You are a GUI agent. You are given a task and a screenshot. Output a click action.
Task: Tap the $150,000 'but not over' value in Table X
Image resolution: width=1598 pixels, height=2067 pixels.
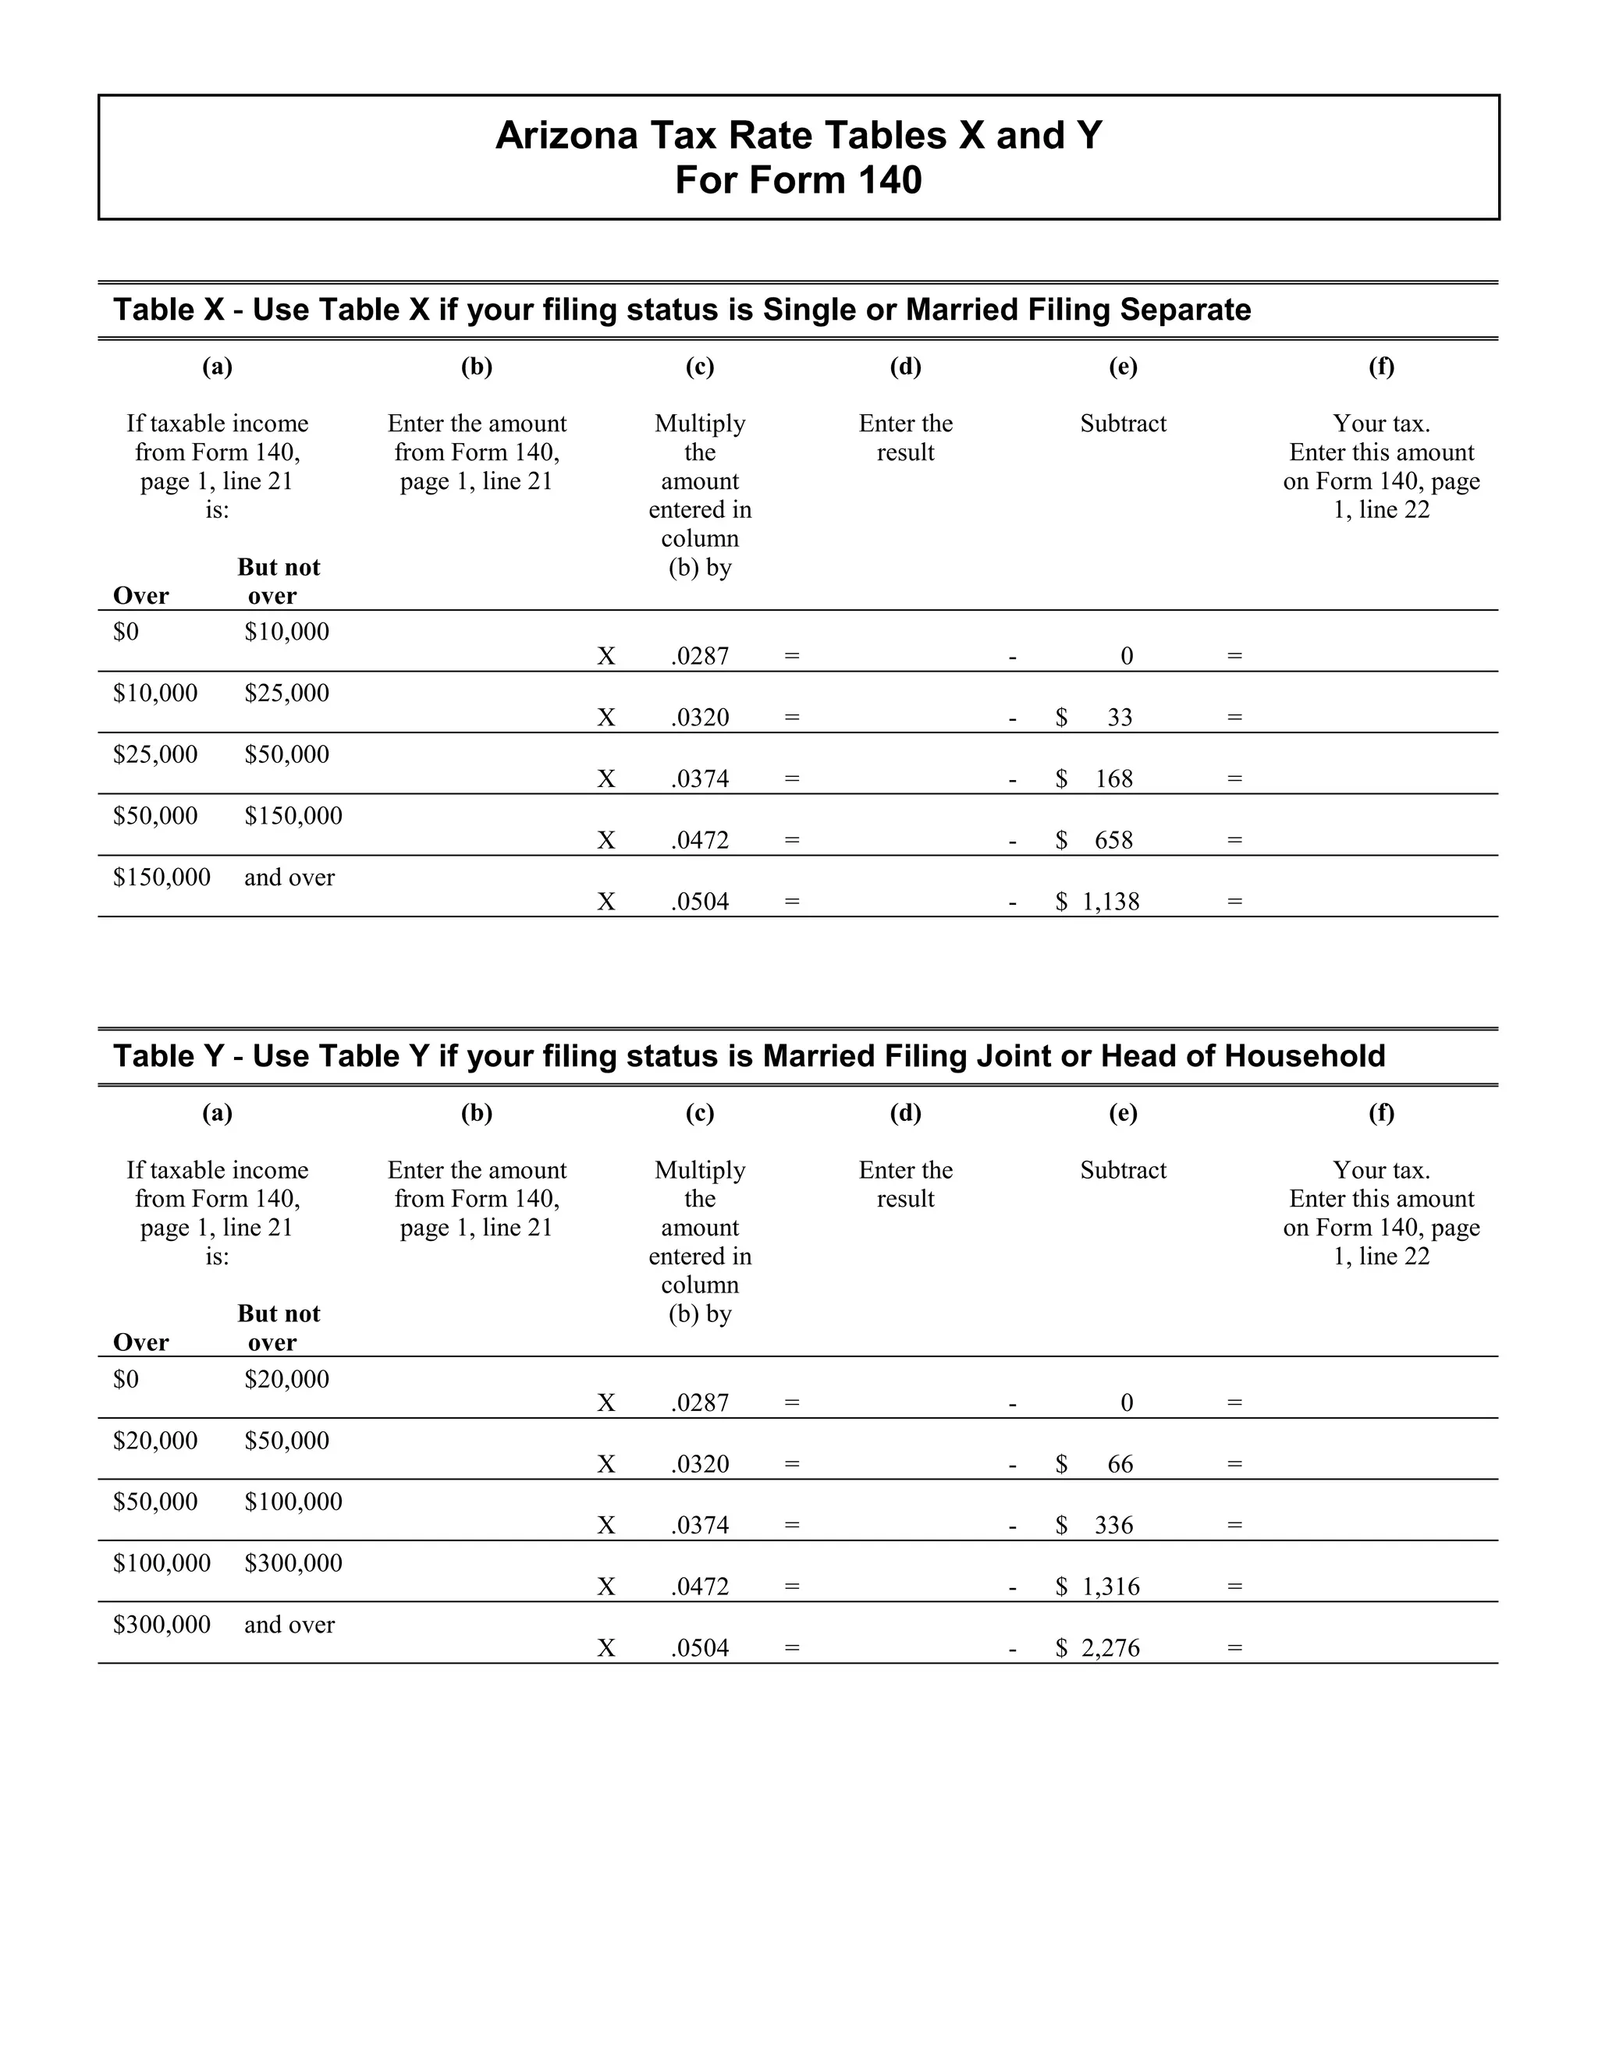[293, 816]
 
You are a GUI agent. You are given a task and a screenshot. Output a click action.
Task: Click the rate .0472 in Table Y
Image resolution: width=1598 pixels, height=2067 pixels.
[700, 1587]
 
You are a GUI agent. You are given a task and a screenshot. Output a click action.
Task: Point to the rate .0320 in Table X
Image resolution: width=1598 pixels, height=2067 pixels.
[700, 718]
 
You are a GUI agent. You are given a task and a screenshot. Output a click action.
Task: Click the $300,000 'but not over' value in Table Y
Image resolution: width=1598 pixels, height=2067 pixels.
[293, 1562]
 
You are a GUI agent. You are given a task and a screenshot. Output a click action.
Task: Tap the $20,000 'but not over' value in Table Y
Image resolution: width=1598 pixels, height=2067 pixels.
[286, 1379]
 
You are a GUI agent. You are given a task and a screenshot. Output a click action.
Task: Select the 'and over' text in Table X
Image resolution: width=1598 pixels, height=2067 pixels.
[289, 877]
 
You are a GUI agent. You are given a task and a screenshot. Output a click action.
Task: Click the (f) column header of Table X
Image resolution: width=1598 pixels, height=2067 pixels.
[1380, 367]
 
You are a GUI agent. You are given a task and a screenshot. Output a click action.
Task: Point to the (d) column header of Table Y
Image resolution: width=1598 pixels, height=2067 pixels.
[905, 1113]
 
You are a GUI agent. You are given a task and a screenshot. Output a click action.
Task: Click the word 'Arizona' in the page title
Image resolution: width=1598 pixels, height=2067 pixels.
[566, 136]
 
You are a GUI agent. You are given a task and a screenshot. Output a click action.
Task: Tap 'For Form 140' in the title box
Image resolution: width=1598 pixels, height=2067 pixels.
[798, 180]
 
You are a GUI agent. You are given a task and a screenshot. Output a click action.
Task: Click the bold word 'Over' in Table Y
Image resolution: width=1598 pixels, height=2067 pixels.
[140, 1342]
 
